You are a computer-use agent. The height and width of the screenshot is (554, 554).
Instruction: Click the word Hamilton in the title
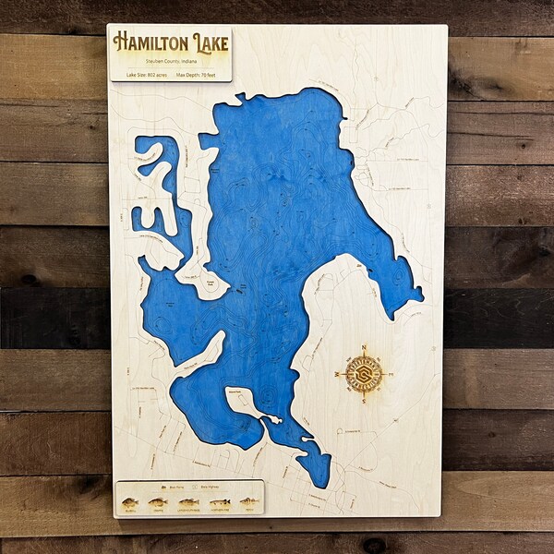151,42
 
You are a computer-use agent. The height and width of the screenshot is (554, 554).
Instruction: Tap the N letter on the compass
364,348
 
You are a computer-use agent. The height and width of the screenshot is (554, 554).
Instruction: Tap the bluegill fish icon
130,503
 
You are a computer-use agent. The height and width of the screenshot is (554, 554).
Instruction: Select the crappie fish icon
159,503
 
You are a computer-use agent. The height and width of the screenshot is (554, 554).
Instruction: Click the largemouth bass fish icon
188,503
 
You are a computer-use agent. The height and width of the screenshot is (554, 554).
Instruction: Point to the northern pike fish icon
220,503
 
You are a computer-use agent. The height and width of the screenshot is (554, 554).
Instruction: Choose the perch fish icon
248,503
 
